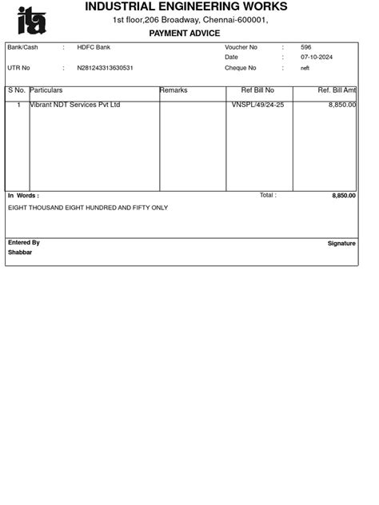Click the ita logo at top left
pyautogui.click(x=32, y=20)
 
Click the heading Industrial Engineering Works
pyautogui.click(x=186, y=6)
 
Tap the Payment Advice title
pyautogui.click(x=185, y=34)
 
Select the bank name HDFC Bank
pyautogui.click(x=94, y=48)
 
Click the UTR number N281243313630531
pyautogui.click(x=106, y=68)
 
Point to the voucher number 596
pyautogui.click(x=306, y=48)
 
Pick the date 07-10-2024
pyautogui.click(x=317, y=58)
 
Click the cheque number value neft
pyautogui.click(x=305, y=68)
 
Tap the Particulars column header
pyautogui.click(x=46, y=91)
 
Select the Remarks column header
pyautogui.click(x=174, y=91)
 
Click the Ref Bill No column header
pyautogui.click(x=257, y=91)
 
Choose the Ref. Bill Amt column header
pyautogui.click(x=336, y=91)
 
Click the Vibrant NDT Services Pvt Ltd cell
pyautogui.click(x=75, y=105)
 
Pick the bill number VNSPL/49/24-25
pyautogui.click(x=257, y=105)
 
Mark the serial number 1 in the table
pyautogui.click(x=18, y=105)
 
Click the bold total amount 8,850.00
pyautogui.click(x=344, y=196)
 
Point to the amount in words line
pyautogui.click(x=88, y=208)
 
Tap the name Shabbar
pyautogui.click(x=20, y=252)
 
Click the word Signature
pyautogui.click(x=341, y=244)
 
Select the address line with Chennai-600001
pyautogui.click(x=189, y=20)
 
